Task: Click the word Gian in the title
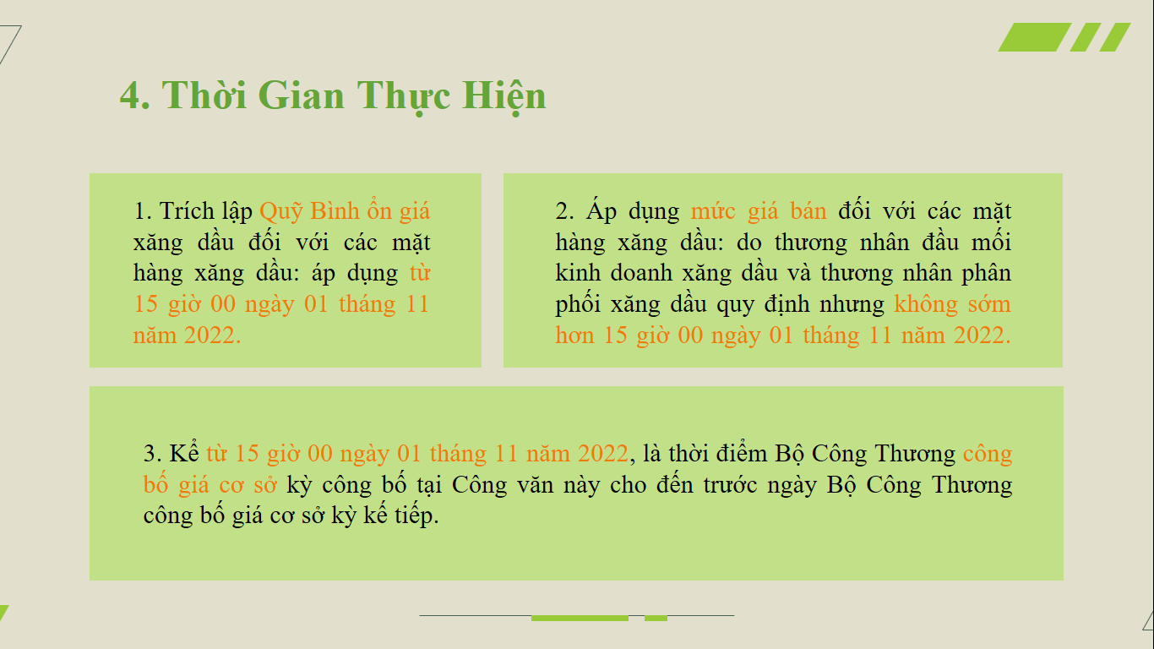pos(301,95)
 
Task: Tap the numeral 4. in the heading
pos(135,95)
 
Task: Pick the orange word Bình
pos(335,210)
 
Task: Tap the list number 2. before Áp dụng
pos(564,211)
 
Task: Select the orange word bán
pos(808,211)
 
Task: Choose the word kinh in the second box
pos(578,273)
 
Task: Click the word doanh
pos(641,273)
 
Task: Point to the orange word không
pos(925,304)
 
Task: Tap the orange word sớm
pos(989,304)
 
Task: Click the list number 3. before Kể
pos(152,454)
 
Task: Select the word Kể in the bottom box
pos(184,453)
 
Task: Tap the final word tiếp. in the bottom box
pos(416,516)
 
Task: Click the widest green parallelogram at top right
pos(1035,37)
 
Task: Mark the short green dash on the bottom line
pos(656,618)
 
